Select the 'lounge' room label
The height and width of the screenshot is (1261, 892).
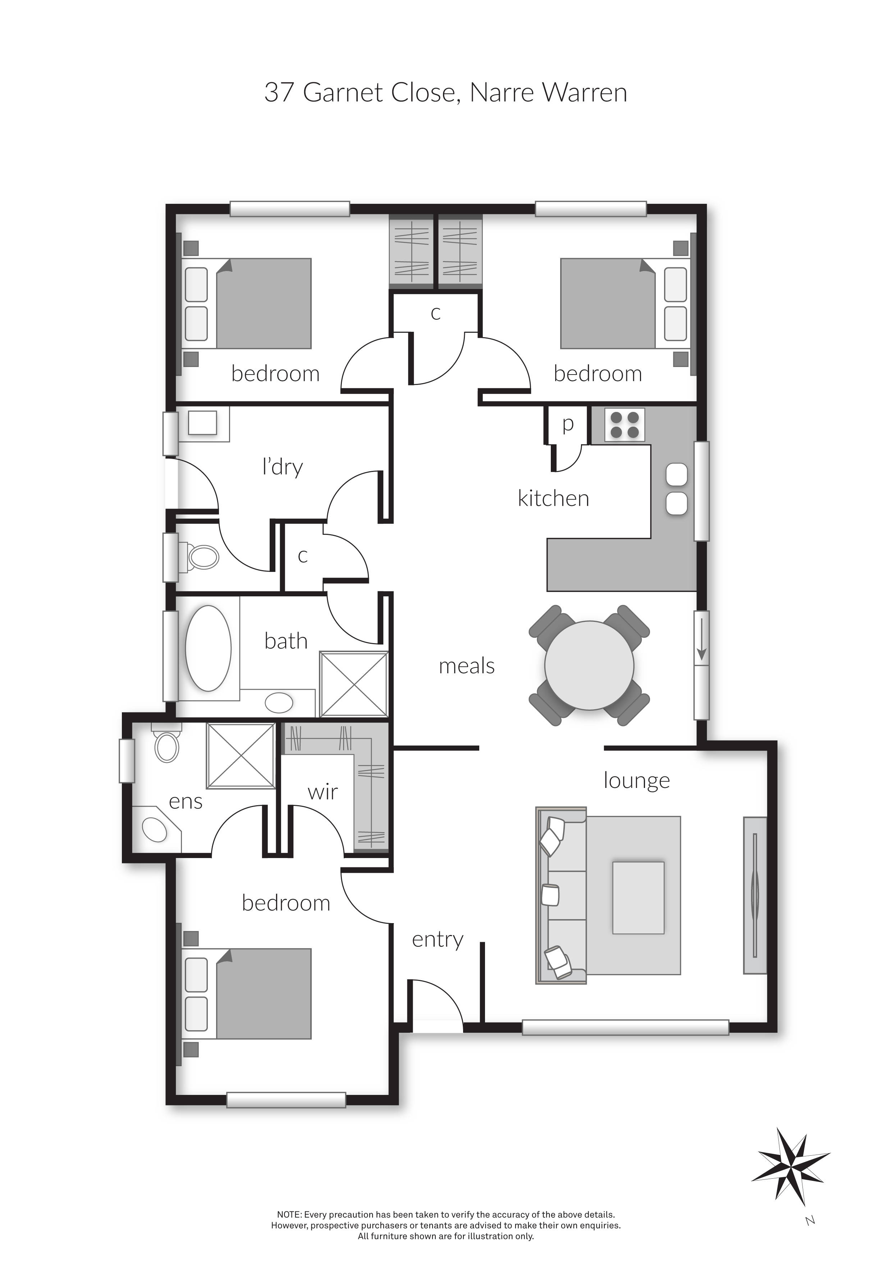pyautogui.click(x=637, y=780)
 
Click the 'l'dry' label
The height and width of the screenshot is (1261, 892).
pyautogui.click(x=282, y=467)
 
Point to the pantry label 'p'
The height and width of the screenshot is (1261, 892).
pyautogui.click(x=568, y=424)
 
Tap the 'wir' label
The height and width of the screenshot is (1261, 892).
pyautogui.click(x=323, y=792)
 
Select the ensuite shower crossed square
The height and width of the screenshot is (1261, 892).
pyautogui.click(x=240, y=756)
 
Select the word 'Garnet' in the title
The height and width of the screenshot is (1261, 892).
pyautogui.click(x=343, y=92)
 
